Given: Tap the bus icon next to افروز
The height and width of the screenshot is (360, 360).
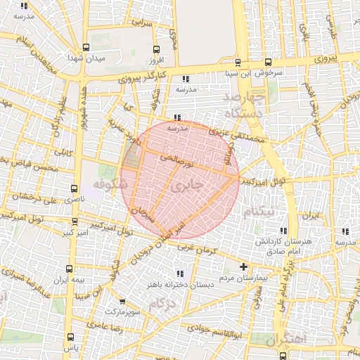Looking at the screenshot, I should tap(157, 50).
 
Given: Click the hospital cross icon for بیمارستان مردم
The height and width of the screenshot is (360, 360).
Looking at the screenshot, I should tap(244, 267).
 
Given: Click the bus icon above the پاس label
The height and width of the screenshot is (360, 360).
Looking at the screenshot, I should tap(69, 338).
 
